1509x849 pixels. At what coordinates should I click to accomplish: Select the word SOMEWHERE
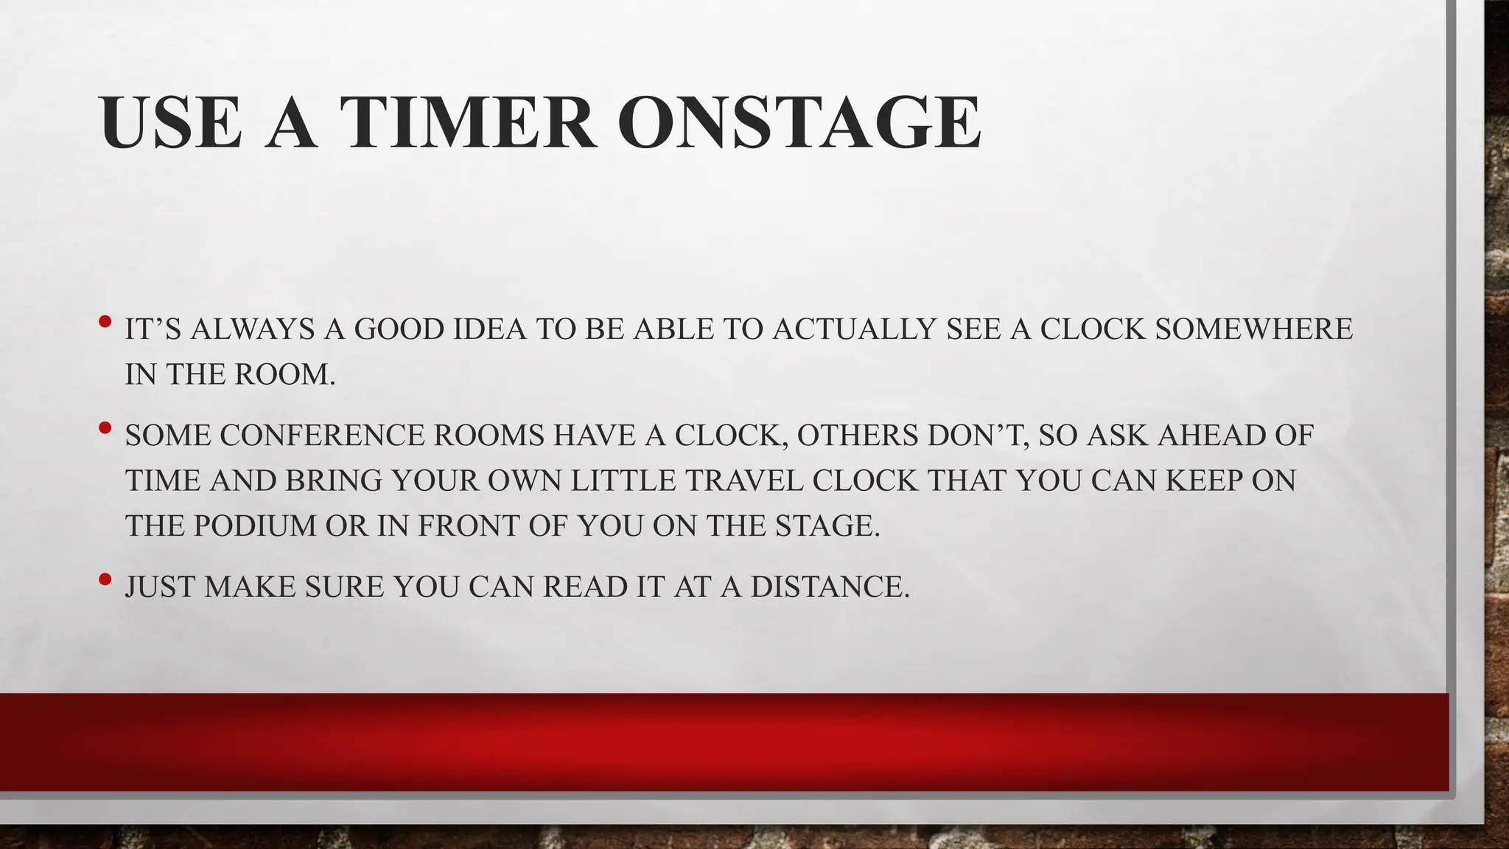click(1253, 329)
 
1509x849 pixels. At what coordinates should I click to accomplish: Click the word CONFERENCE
click(322, 436)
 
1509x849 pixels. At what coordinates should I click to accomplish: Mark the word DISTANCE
click(830, 587)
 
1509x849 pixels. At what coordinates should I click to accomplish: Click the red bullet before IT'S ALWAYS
click(105, 321)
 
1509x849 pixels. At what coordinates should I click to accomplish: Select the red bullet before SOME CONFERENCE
click(105, 427)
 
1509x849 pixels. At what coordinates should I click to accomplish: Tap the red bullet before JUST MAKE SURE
click(105, 579)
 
